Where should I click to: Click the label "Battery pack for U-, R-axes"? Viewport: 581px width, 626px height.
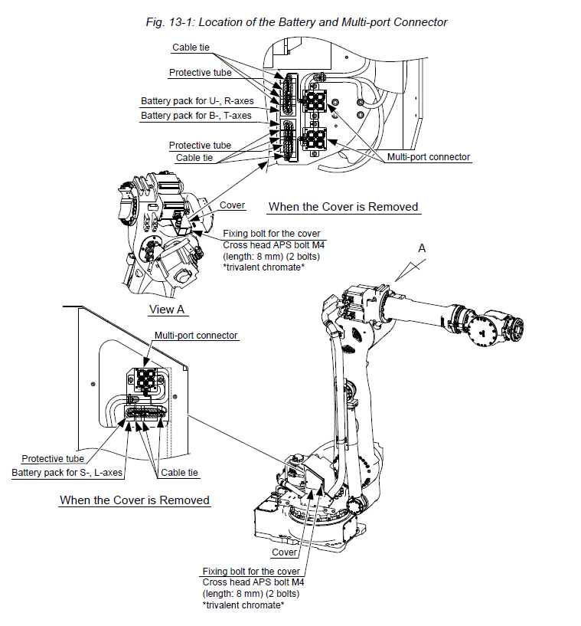pyautogui.click(x=196, y=101)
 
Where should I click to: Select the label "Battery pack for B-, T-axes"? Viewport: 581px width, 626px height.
pyautogui.click(x=196, y=116)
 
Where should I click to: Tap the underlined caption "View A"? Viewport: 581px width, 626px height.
pyautogui.click(x=168, y=310)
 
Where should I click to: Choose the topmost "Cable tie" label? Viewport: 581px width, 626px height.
pyautogui.click(x=191, y=48)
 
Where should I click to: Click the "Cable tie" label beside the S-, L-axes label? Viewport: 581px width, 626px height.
pyautogui.click(x=180, y=473)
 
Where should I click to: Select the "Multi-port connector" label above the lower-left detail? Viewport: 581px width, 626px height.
pyautogui.click(x=196, y=336)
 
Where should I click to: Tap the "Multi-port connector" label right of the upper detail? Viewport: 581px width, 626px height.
pyautogui.click(x=428, y=157)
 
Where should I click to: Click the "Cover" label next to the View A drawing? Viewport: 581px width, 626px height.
pyautogui.click(x=232, y=205)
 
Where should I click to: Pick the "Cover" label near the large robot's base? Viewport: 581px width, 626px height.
pyautogui.click(x=285, y=552)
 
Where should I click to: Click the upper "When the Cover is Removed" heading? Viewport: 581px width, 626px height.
pyautogui.click(x=343, y=207)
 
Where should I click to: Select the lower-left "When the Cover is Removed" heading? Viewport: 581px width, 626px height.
pyautogui.click(x=135, y=500)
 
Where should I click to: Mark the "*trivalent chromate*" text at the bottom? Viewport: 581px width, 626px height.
pyautogui.click(x=243, y=605)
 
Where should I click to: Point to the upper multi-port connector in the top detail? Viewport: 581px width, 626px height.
pyautogui.click(x=315, y=100)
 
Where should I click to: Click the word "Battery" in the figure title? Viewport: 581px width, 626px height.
pyautogui.click(x=289, y=22)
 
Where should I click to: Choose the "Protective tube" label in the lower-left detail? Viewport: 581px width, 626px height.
pyautogui.click(x=53, y=458)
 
